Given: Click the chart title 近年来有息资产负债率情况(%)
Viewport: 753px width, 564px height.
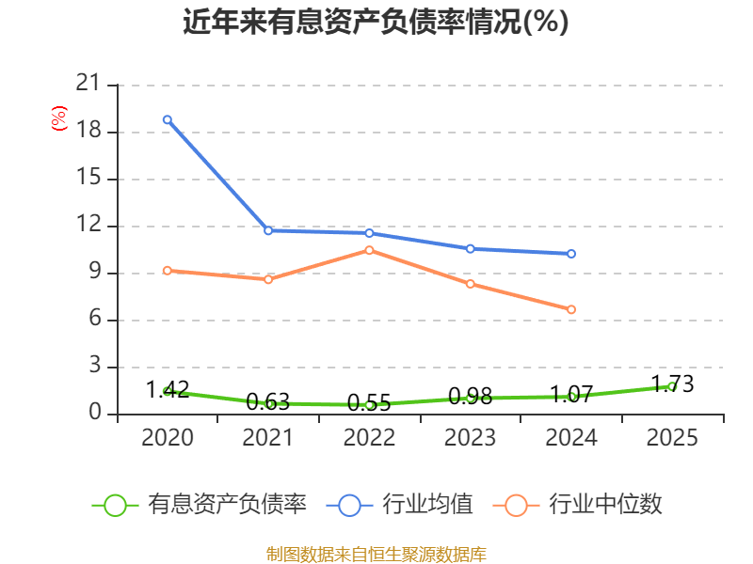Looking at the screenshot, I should (376, 22).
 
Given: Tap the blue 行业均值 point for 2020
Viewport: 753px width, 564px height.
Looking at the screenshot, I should (167, 119).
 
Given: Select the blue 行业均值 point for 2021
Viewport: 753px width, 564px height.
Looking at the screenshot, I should (268, 230).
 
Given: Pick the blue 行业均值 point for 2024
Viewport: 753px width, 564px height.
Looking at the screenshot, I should (571, 254).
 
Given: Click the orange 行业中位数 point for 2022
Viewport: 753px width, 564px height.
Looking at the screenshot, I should (369, 250).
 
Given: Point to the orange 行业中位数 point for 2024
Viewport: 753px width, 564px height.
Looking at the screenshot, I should (571, 309).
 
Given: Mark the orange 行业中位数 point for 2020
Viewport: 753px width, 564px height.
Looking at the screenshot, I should (167, 271).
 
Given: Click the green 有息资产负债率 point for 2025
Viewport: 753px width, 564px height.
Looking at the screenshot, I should (672, 386).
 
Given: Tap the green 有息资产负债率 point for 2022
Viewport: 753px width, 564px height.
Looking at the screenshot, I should (369, 405).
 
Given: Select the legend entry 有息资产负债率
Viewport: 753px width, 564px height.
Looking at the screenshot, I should (200, 505).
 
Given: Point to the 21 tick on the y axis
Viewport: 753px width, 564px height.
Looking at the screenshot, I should (88, 84).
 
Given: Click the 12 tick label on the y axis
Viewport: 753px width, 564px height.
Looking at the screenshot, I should (88, 225).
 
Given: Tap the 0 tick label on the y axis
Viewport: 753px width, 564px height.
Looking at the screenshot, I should (94, 413).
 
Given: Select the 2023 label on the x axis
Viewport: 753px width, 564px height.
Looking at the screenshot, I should (470, 438).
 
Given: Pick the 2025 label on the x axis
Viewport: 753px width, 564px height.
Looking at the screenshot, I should (672, 438).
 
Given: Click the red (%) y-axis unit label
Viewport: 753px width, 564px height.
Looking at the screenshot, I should (59, 118).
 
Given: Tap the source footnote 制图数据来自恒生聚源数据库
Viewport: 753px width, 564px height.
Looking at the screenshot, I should (376, 554).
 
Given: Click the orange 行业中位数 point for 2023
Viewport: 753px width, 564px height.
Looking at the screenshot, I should (470, 284).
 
